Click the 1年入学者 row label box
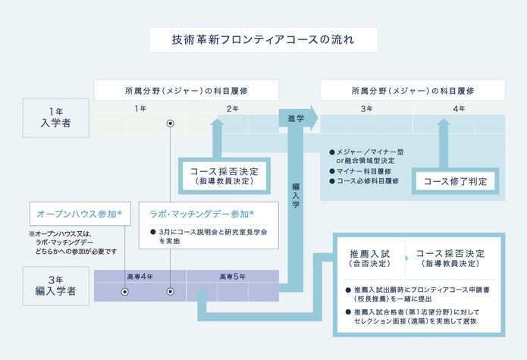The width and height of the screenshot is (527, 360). coord(56,117)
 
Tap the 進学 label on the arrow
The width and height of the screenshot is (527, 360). coord(296,119)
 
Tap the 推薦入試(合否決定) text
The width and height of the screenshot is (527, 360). coord(369,258)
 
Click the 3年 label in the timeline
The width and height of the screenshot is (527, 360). coord(366,108)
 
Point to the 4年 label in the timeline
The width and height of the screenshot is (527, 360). coord(459,108)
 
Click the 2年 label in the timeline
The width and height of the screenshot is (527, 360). coord(232,108)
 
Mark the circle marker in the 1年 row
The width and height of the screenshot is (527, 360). coord(171,122)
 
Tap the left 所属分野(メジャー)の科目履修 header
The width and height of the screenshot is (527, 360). coord(186,90)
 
